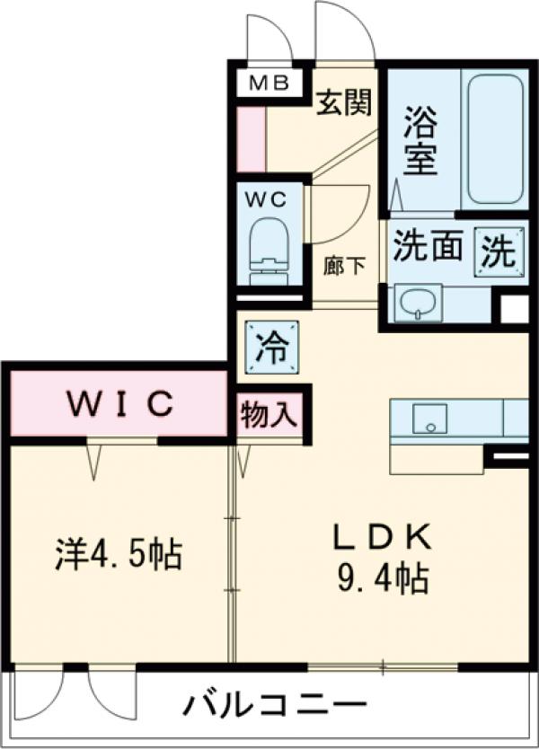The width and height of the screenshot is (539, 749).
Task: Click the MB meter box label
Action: [269, 84]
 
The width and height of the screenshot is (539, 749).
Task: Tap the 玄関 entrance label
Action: [342, 104]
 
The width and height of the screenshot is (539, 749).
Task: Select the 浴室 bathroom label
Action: [420, 141]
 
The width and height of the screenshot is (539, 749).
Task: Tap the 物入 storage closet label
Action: [269, 416]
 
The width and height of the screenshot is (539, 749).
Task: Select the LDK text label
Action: [384, 536]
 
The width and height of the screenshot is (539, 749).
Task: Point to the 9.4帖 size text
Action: [384, 576]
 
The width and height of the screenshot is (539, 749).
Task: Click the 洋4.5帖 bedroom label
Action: [115, 554]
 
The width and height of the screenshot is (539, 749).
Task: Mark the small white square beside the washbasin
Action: [514, 308]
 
